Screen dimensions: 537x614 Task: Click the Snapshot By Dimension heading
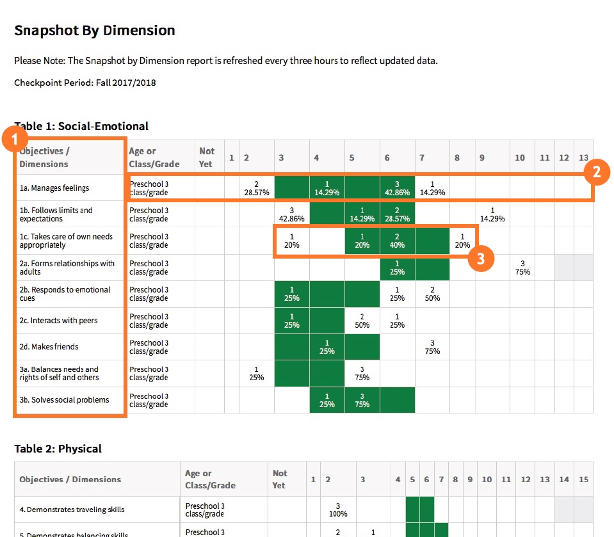(95, 30)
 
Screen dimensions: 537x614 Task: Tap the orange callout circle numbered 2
(596, 172)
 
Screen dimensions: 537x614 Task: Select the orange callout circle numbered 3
(481, 258)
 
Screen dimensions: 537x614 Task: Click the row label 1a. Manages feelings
(54, 188)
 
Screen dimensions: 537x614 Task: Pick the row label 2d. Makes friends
(49, 347)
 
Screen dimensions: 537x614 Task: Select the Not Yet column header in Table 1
(207, 157)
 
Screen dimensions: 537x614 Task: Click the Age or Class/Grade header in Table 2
(210, 479)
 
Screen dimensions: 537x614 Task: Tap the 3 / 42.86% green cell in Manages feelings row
(397, 188)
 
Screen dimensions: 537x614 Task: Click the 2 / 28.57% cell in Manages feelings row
(256, 188)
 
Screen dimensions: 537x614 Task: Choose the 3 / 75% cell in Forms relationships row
(522, 268)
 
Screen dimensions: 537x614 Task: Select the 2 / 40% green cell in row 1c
(397, 241)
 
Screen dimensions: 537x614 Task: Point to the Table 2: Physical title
(58, 449)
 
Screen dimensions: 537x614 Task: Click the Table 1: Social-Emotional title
(81, 126)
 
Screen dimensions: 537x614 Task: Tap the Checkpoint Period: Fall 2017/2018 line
(85, 83)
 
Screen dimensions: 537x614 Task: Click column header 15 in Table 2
(583, 479)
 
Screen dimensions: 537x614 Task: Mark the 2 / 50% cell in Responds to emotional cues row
(432, 294)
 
